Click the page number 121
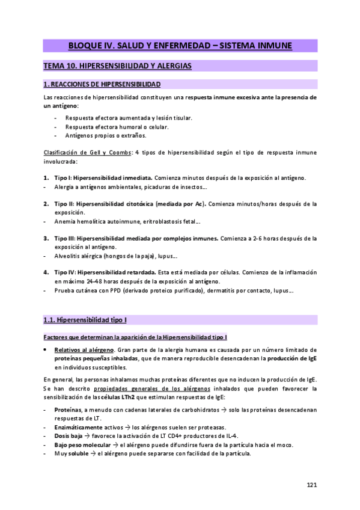tap(311, 484)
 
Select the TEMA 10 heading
tap(118, 66)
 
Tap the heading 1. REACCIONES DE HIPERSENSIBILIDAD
tap(102, 84)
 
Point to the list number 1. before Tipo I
tap(47, 178)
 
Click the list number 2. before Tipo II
tap(47, 204)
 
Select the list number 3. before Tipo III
tap(47, 238)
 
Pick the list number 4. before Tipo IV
tap(47, 272)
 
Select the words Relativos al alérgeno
tap(76, 349)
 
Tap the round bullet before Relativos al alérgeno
tap(46, 349)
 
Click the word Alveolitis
tap(67, 256)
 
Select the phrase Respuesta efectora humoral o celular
tap(117, 126)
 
